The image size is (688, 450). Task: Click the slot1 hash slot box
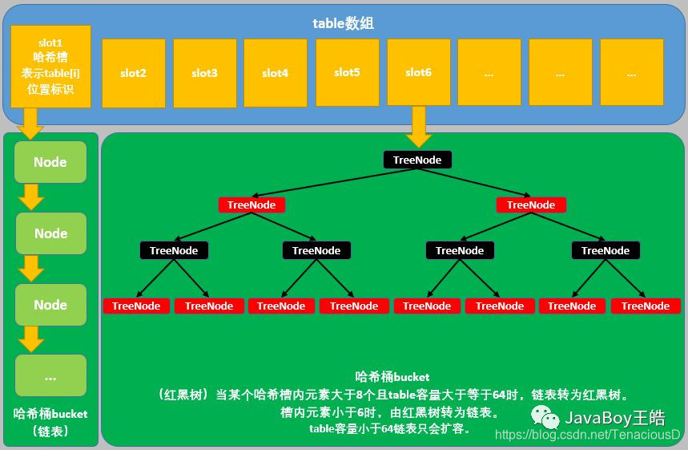50,67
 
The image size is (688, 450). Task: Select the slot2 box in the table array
133,73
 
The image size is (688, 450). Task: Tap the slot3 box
204,73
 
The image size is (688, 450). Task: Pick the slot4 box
275,73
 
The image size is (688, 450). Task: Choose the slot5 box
347,72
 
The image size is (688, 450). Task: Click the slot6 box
418,72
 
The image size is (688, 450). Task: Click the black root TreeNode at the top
418,160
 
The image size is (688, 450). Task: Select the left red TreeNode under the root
251,205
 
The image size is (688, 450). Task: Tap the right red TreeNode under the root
531,205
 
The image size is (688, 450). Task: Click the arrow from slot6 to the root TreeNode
418,127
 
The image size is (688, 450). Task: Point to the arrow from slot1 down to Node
31,123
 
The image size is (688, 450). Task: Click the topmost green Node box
50,162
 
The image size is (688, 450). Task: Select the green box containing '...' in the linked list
50,376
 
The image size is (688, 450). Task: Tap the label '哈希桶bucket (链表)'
50,422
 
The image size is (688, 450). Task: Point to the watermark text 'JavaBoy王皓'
615,417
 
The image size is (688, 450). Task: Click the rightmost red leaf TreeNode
646,306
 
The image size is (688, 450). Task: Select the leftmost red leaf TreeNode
136,306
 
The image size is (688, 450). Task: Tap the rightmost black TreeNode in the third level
606,250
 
